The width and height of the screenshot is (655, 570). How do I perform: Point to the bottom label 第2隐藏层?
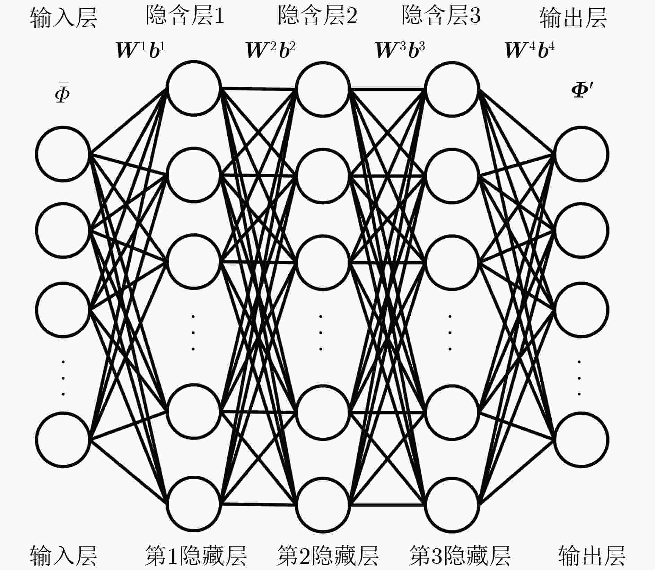327,555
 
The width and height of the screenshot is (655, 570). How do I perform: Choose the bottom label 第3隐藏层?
460,555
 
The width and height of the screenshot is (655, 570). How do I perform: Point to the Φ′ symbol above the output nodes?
582,91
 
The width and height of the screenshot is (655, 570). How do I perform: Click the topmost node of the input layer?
63,153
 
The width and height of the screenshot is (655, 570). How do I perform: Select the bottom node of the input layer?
63,439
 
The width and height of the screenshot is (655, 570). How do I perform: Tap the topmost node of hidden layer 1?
194,88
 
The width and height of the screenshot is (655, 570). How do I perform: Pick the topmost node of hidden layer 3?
452,89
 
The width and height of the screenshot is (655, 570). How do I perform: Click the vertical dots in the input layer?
63,378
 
